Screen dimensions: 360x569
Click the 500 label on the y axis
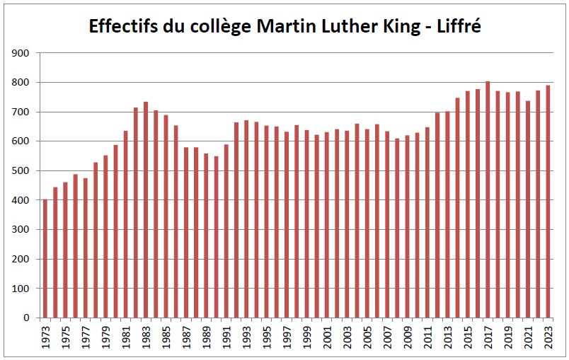(21, 170)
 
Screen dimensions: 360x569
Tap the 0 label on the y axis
(26, 318)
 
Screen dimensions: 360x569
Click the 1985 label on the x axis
(166, 337)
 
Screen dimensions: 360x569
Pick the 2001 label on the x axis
(327, 337)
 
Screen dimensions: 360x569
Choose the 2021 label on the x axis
(528, 337)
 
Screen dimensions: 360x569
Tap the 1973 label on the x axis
(45, 337)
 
